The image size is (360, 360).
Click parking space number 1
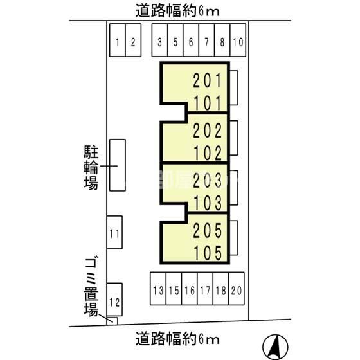point(117,42)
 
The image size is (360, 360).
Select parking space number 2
point(132,42)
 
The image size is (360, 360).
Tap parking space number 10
point(237,42)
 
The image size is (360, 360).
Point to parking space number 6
point(190,42)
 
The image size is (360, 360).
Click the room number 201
point(207,81)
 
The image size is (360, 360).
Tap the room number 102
point(207,153)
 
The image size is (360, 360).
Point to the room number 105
point(207,252)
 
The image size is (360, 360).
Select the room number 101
point(207,103)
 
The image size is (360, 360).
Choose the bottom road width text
point(178,337)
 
